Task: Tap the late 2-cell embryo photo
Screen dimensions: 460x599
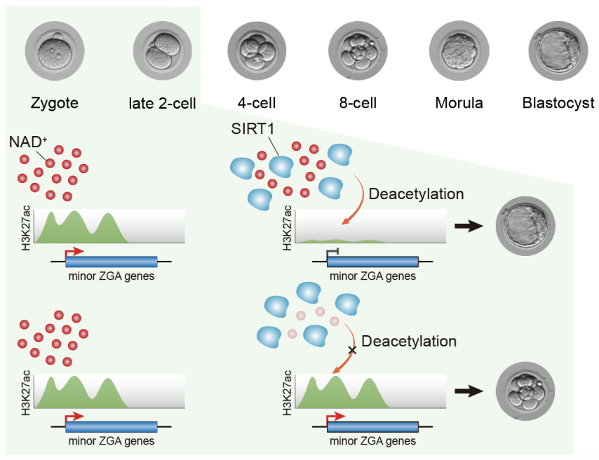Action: point(162,52)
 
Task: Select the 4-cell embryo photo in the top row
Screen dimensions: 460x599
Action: point(257,53)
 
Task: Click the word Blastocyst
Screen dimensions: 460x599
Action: point(558,103)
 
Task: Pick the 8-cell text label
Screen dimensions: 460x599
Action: point(357,103)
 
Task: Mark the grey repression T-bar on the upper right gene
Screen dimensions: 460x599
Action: point(334,251)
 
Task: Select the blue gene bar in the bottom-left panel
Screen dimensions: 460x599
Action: point(112,426)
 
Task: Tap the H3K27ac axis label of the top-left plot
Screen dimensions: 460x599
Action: point(26,226)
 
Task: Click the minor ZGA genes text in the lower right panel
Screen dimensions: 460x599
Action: point(372,441)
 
